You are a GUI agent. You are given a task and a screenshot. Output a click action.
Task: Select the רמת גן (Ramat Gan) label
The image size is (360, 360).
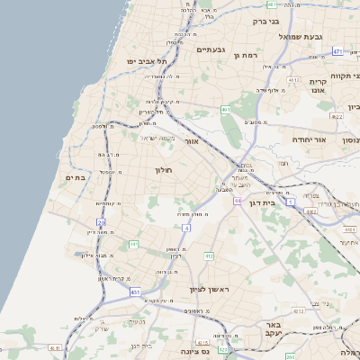pos(245,56)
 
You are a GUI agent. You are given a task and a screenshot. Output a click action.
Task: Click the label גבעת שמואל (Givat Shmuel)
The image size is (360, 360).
pos(301,37)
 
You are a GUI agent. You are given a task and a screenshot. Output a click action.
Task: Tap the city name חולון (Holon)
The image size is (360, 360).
pos(163,169)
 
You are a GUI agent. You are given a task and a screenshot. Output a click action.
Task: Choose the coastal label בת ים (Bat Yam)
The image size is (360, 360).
pos(75,178)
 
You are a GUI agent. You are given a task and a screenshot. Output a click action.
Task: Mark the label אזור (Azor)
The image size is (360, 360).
pos(190,141)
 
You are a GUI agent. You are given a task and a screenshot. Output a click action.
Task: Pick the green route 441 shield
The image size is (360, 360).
pos(133,244)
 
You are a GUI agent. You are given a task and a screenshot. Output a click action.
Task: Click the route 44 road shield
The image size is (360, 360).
pos(237,201)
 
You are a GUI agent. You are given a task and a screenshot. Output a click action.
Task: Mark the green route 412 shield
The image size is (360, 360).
pos(208,256)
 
